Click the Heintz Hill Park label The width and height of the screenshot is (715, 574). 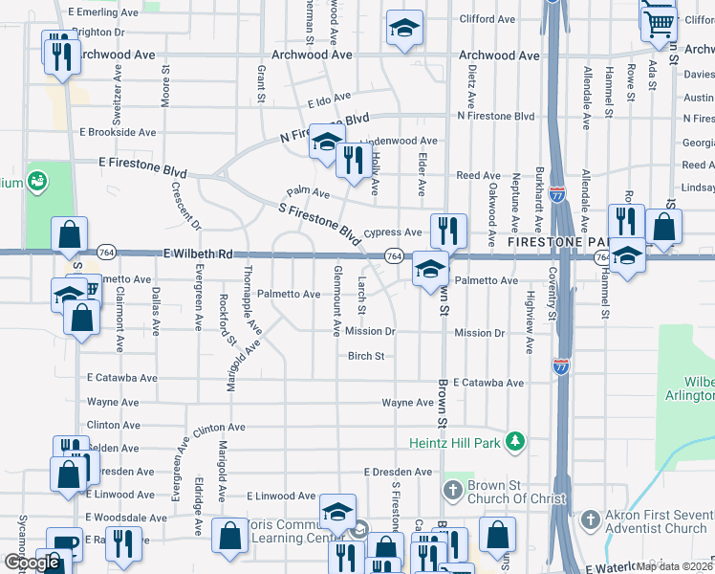click(x=455, y=440)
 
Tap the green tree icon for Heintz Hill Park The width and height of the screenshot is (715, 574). click(x=515, y=440)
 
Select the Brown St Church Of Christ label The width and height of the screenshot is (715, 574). click(x=504, y=492)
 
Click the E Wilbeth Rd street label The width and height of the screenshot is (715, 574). click(x=198, y=254)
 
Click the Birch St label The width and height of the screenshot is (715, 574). click(x=365, y=356)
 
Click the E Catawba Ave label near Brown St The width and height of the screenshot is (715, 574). click(x=488, y=383)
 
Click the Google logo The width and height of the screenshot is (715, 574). click(x=31, y=563)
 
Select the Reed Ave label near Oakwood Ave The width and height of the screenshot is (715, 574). click(x=478, y=176)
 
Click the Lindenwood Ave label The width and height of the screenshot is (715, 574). click(x=399, y=141)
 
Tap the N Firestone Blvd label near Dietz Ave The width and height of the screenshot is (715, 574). click(x=495, y=117)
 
